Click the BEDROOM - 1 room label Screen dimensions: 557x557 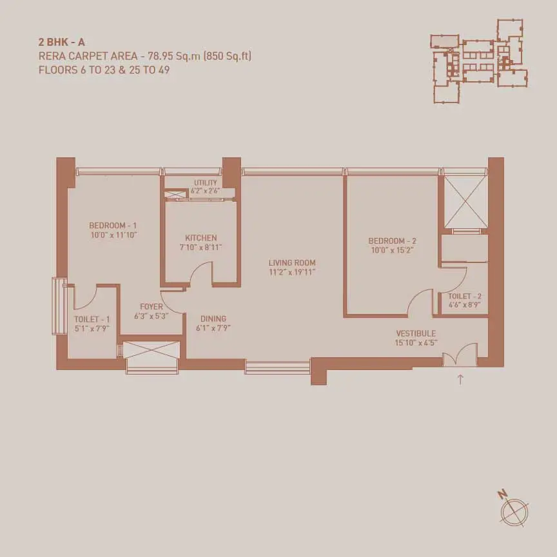(x=113, y=226)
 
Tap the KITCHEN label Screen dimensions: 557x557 (x=200, y=238)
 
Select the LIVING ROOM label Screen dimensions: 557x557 (x=292, y=263)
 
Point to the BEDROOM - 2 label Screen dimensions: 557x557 (x=392, y=241)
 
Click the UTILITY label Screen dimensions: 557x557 (x=205, y=183)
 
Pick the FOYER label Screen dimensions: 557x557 (x=151, y=307)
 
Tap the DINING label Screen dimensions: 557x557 (x=213, y=318)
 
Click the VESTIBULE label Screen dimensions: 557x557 (x=416, y=333)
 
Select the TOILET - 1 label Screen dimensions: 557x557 (x=92, y=319)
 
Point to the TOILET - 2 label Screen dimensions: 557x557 (x=465, y=297)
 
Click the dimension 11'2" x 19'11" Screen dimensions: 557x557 (x=292, y=273)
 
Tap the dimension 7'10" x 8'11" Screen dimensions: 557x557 (x=200, y=248)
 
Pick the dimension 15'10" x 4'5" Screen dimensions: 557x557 (x=416, y=343)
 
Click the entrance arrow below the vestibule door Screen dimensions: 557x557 (x=460, y=379)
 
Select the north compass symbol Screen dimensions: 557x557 (x=514, y=510)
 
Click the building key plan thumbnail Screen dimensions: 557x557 (x=479, y=61)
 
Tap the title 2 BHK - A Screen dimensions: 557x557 (x=61, y=43)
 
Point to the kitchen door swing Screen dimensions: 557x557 (x=200, y=273)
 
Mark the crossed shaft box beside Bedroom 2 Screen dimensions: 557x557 (x=465, y=201)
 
